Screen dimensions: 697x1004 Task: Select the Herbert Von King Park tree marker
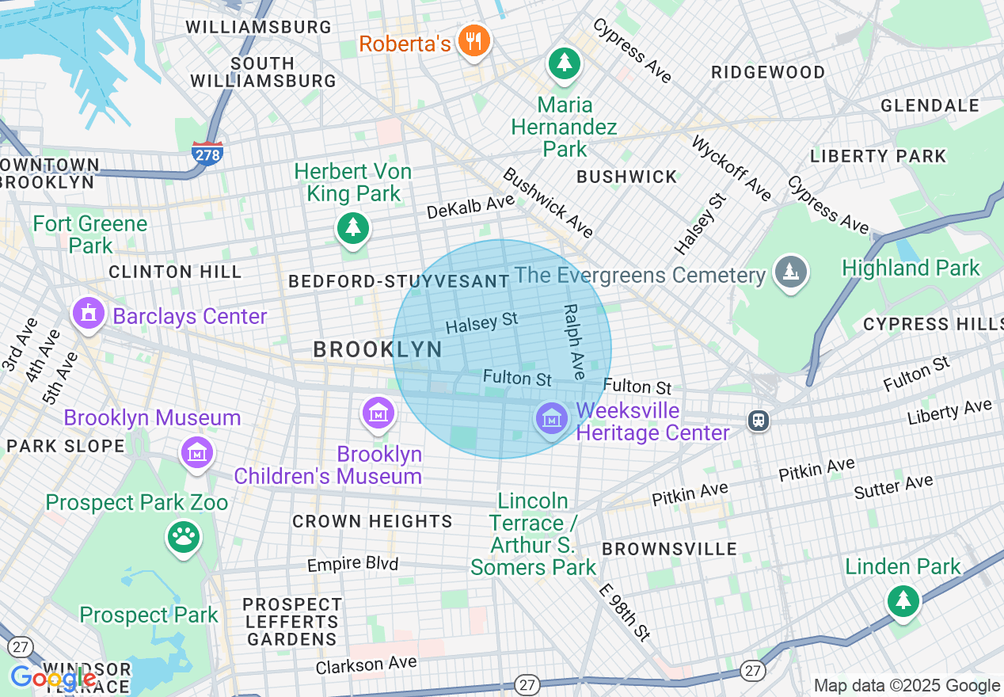click(353, 227)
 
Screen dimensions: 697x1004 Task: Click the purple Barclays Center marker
click(89, 314)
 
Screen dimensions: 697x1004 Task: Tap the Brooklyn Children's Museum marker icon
click(378, 413)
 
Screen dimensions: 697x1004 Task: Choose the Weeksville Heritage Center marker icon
click(551, 417)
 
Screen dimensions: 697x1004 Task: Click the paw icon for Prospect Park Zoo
click(184, 539)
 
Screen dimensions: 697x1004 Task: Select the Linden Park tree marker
click(902, 600)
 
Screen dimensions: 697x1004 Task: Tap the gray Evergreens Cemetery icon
click(789, 272)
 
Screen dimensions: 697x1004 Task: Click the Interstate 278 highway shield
click(207, 153)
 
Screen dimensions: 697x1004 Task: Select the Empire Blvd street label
click(352, 565)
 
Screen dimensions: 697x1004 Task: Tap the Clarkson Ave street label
click(366, 665)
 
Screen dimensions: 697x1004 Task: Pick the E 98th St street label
click(625, 611)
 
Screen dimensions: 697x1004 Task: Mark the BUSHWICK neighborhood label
click(627, 177)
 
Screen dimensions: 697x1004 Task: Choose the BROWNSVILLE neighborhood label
click(669, 549)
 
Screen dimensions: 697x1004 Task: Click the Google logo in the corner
click(53, 679)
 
